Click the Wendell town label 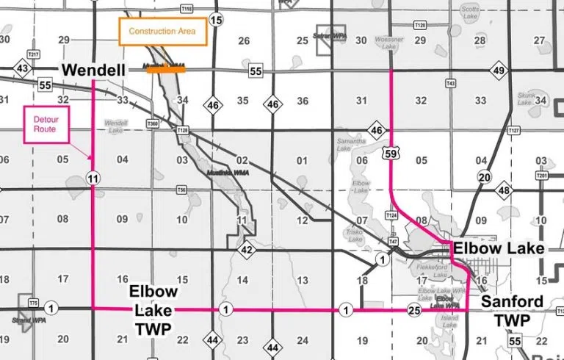pyautogui.click(x=93, y=70)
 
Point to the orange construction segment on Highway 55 pyautogui.click(x=166, y=69)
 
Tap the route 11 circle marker pyautogui.click(x=93, y=178)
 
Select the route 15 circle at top pyautogui.click(x=215, y=20)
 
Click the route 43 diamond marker pyautogui.click(x=22, y=69)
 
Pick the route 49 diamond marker pyautogui.click(x=499, y=71)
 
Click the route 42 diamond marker pyautogui.click(x=248, y=250)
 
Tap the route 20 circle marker pyautogui.click(x=483, y=176)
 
